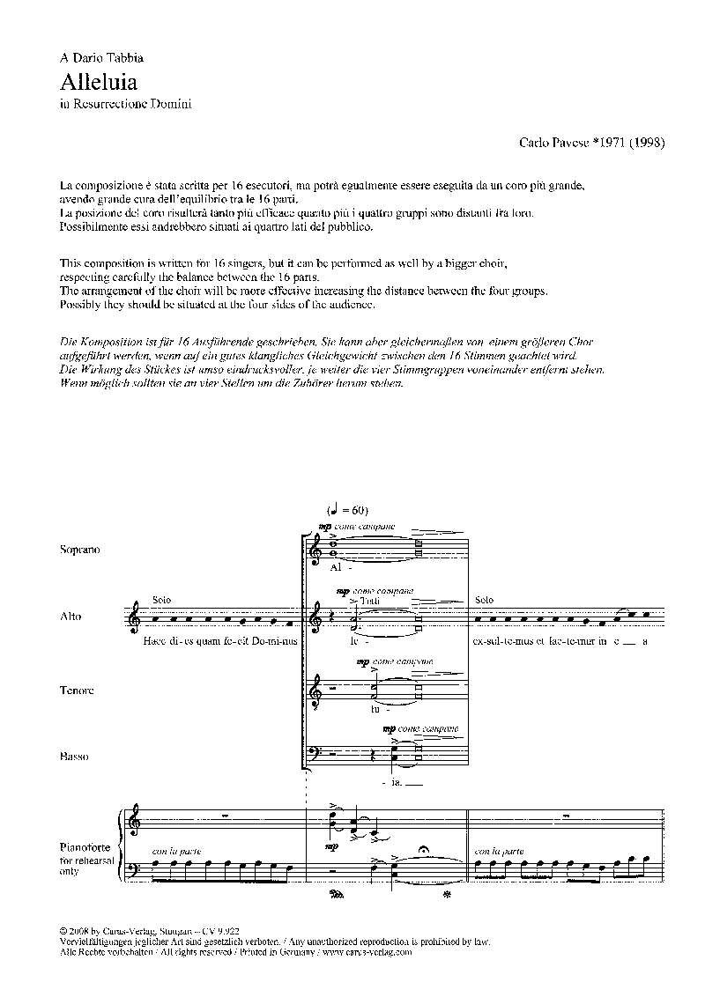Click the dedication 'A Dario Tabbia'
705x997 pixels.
(101, 58)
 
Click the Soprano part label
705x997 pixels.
(80, 550)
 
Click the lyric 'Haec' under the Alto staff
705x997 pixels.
(152, 641)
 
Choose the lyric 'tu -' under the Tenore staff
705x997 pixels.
(376, 708)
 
